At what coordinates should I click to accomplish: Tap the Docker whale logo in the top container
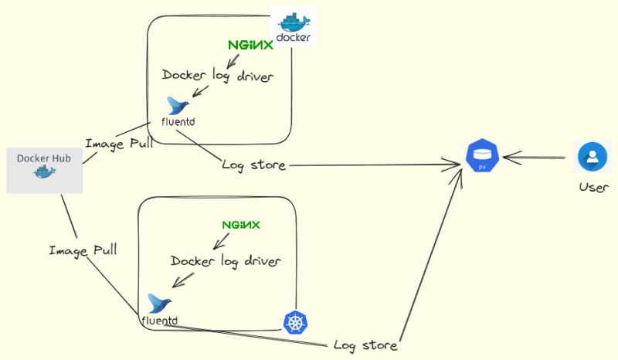coord(294,27)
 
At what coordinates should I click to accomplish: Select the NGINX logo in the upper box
coord(250,46)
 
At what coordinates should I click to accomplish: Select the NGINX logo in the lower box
coord(241,225)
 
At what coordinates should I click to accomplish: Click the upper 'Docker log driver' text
coord(217,76)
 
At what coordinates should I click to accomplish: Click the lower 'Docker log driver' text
coord(226,260)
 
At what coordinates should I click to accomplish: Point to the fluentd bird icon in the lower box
coord(159,303)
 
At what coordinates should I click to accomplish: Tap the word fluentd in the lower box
coord(160,320)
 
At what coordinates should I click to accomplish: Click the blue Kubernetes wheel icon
coord(295,322)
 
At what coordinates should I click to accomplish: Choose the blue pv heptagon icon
coord(483,158)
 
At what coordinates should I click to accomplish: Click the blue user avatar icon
coord(593,157)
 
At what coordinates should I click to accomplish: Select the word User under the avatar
coord(593,188)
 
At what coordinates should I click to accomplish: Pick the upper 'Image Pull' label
coord(119,143)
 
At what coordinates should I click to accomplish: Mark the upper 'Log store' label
coord(253,165)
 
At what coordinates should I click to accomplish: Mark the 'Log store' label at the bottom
coord(365,345)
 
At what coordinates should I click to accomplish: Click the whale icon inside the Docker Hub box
coord(44,172)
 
